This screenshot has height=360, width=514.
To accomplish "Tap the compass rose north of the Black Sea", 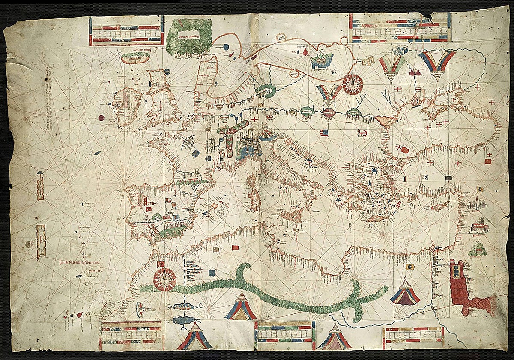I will pyautogui.click(x=353, y=84).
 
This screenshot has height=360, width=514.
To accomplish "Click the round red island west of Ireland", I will pyautogui.click(x=101, y=118).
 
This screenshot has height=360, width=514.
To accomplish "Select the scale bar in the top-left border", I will pyautogui.click(x=126, y=31).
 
